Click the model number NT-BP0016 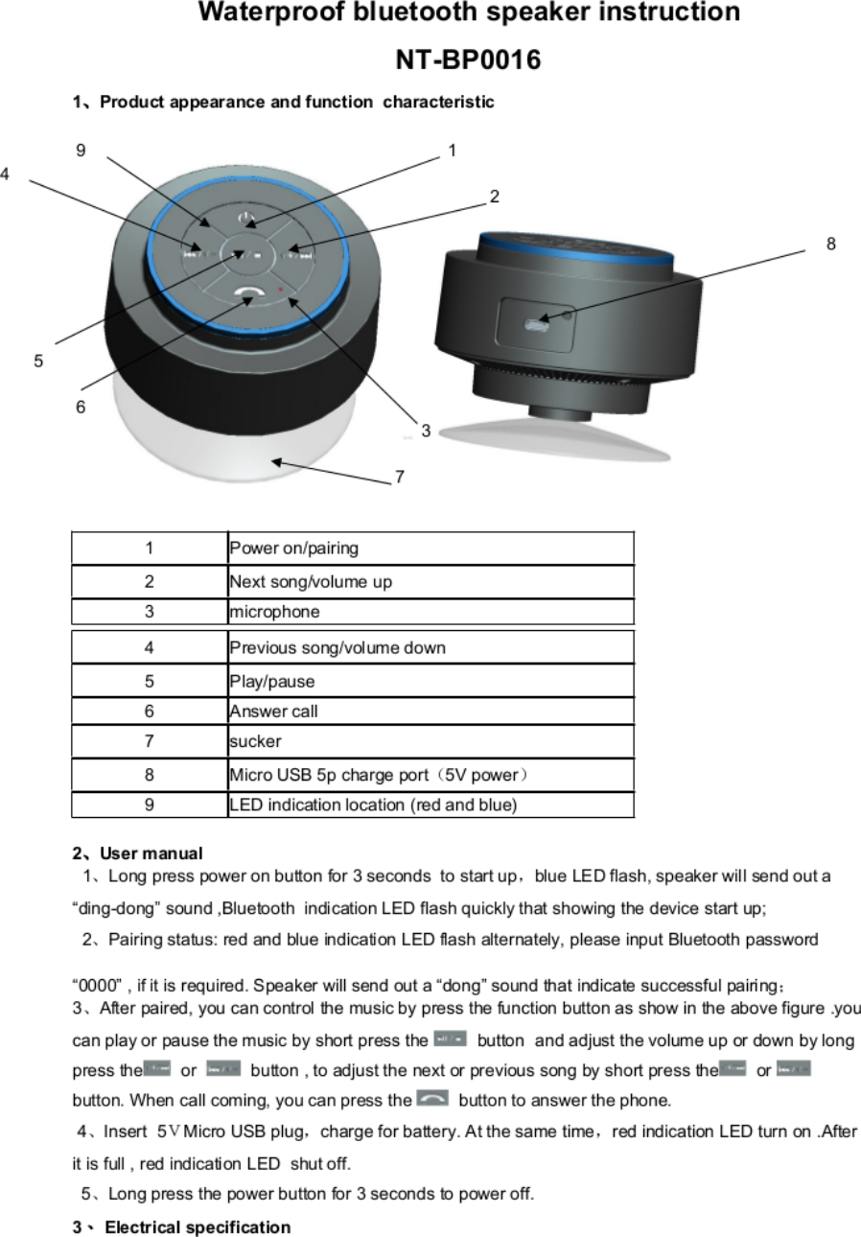click(469, 60)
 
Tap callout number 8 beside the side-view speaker click(831, 245)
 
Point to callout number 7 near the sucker click(400, 477)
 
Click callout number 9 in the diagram click(81, 150)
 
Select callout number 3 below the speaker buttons click(426, 431)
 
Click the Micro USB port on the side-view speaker click(538, 322)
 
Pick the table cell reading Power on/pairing click(293, 548)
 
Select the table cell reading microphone click(274, 611)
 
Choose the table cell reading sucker click(255, 741)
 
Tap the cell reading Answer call click(273, 712)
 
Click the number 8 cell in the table click(149, 775)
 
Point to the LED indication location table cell click(373, 805)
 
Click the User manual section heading click(138, 853)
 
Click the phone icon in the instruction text click(433, 1099)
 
